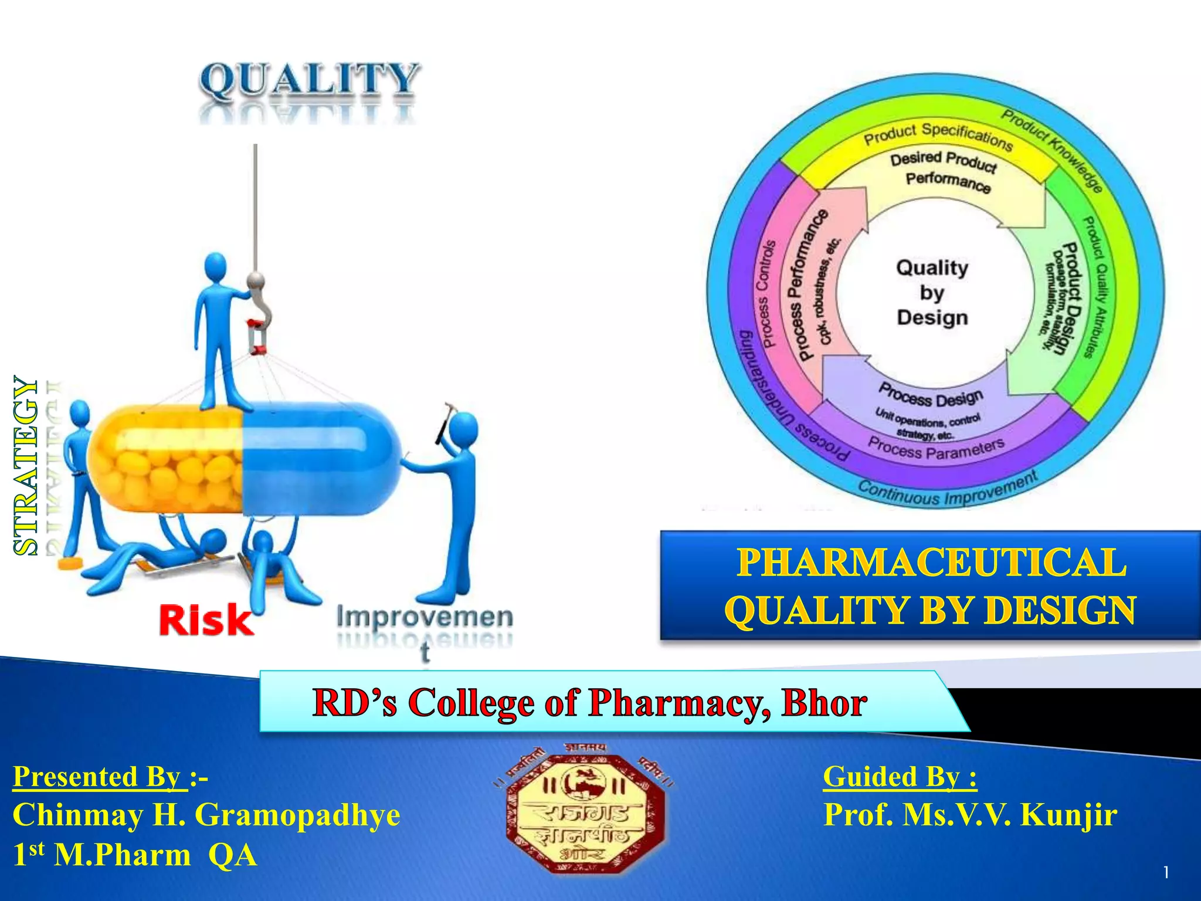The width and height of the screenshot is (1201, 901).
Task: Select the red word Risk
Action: click(206, 620)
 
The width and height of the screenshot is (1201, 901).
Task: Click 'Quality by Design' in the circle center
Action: click(932, 293)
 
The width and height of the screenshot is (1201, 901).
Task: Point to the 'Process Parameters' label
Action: click(936, 449)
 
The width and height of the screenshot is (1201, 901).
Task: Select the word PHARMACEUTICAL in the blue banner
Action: click(931, 562)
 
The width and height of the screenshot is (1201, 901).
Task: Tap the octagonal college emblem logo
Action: click(585, 813)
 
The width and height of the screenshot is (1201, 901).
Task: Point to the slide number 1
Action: click(1166, 873)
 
